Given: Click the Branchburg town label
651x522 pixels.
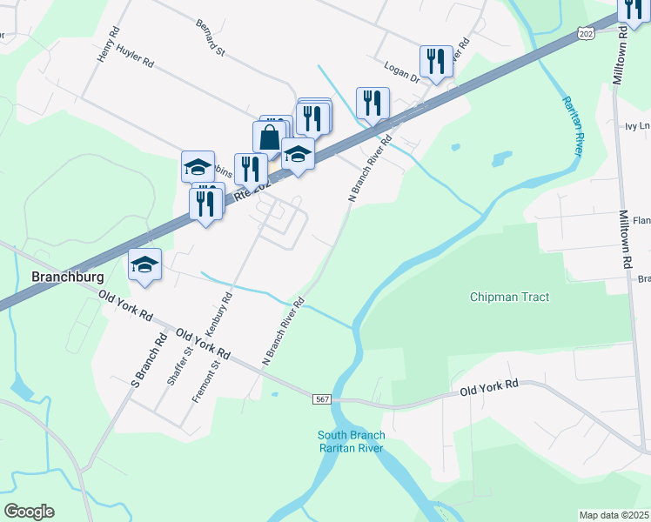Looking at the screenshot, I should click(x=68, y=277).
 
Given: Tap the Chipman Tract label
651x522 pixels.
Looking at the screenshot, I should click(x=509, y=297).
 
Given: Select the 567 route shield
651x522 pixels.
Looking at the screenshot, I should click(x=322, y=398).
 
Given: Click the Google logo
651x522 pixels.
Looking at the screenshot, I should click(x=29, y=512).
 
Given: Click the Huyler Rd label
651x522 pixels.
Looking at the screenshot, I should click(x=135, y=64).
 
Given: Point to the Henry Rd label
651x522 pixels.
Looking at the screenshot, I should click(x=108, y=43).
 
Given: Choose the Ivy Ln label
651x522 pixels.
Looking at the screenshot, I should click(x=637, y=125).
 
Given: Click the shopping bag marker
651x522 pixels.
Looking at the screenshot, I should click(x=270, y=137).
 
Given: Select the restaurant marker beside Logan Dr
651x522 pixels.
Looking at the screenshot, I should click(x=435, y=61).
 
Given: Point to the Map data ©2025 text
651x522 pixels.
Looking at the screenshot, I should click(x=614, y=515).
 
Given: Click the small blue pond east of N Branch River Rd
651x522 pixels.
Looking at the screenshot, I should click(x=501, y=160).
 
